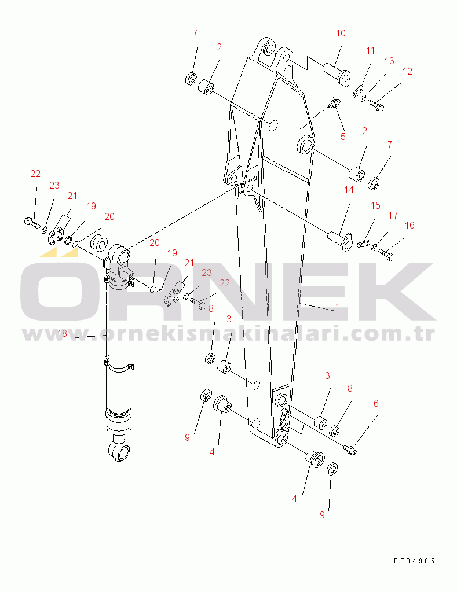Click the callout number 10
[x=341, y=34]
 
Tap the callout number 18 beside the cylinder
[x=62, y=333]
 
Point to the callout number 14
[x=349, y=190]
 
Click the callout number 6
[x=376, y=403]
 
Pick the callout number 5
[x=343, y=137]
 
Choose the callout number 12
[x=407, y=72]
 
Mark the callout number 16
[x=410, y=226]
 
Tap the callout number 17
[x=393, y=215]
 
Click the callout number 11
[x=370, y=50]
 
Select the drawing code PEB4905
[x=415, y=561]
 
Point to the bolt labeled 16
[x=386, y=254]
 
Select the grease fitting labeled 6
[x=350, y=450]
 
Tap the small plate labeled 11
[x=358, y=92]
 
